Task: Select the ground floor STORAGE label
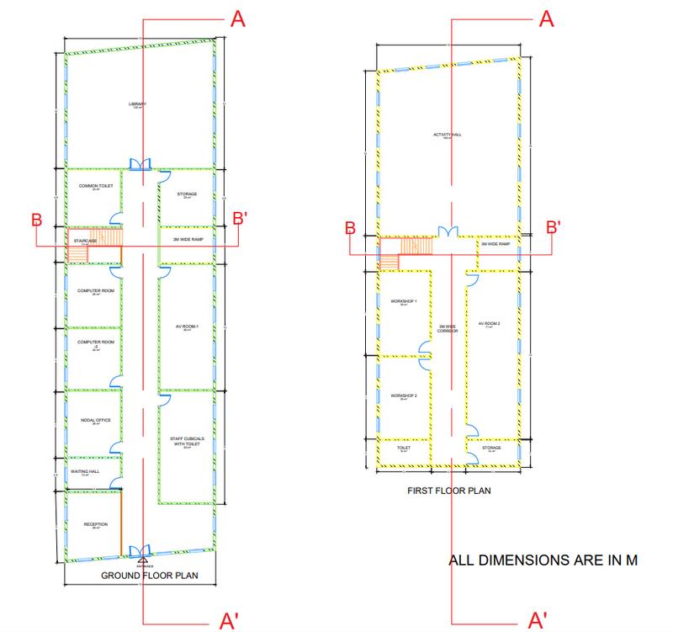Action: tap(187, 194)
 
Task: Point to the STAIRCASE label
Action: tap(86, 241)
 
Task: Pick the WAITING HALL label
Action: tap(85, 471)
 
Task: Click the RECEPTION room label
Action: tap(96, 524)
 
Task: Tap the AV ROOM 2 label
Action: tap(489, 324)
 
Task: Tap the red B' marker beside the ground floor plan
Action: tap(239, 221)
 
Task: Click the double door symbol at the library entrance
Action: tap(140, 163)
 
